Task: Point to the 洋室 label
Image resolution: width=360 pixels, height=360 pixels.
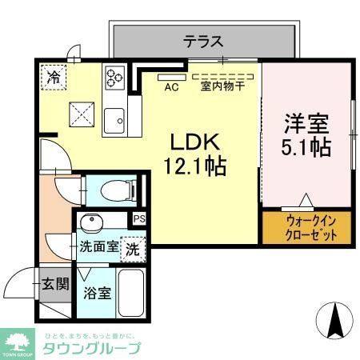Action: (304, 124)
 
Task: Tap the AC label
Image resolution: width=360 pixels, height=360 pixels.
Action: (170, 86)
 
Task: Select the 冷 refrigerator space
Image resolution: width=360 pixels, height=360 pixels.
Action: (53, 78)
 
